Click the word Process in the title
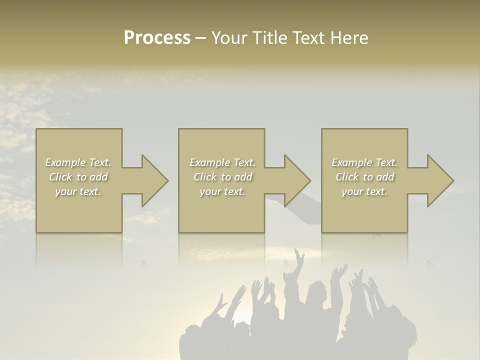point(157,38)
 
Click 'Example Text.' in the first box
point(78,162)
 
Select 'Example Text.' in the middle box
point(222,162)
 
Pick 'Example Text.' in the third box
point(364,162)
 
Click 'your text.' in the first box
point(78,191)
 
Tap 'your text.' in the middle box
point(222,191)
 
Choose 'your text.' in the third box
point(364,191)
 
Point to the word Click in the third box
point(347,177)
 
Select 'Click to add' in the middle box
point(222,177)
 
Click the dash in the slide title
point(200,38)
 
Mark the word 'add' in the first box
point(98,177)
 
